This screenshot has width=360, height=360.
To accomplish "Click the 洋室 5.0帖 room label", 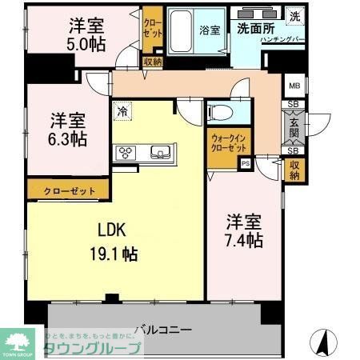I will point(85,33).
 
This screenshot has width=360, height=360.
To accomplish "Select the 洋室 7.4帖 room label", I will point(243,230).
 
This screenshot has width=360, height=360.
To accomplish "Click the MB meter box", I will point(293,86).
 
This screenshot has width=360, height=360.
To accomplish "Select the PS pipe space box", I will point(245,165).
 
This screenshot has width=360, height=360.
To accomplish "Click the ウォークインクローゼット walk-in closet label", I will point(229,143).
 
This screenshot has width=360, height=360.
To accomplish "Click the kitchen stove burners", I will point(126,152).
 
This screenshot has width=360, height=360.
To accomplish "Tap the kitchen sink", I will point(158,152).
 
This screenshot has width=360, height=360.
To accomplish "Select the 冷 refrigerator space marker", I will point(122,112).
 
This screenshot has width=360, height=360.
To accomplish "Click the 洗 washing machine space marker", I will point(295,16).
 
